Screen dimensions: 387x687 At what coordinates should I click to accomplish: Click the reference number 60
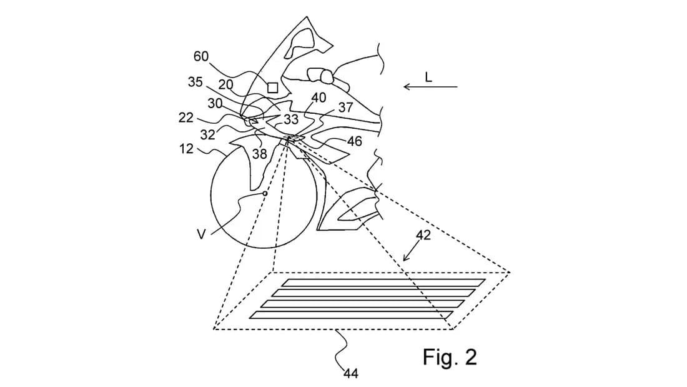point(200,56)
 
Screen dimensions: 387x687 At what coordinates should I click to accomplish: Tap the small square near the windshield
point(272,88)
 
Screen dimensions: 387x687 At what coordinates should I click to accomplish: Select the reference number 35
point(195,82)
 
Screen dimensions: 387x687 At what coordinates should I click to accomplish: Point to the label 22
point(186,117)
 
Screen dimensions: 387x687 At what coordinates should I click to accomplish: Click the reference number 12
point(187,148)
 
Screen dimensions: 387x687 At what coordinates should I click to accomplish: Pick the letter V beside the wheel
point(201,234)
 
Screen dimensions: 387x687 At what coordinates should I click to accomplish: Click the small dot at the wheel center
point(265,194)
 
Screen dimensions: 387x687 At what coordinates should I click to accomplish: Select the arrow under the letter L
point(430,86)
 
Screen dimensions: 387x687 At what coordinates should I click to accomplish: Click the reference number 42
point(423,235)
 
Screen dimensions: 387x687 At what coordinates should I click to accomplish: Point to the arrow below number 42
point(408,253)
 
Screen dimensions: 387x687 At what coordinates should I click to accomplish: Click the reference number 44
point(350,373)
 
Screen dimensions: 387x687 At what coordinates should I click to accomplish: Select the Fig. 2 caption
point(450,357)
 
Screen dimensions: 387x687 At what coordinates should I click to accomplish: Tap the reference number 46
point(355,141)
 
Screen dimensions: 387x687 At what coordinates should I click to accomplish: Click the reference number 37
point(346,108)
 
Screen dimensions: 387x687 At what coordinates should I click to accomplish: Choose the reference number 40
point(319,98)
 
